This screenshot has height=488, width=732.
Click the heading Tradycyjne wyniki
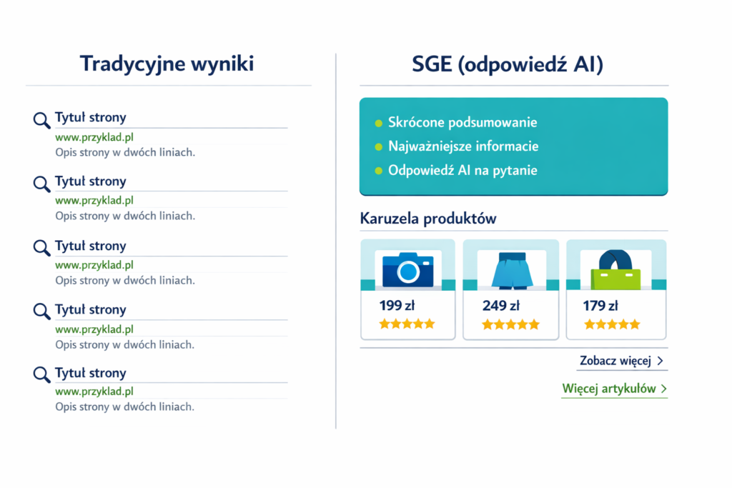coord(167,64)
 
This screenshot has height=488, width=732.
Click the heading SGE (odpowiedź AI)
coord(508,64)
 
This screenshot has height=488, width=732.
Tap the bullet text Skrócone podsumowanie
coord(463,123)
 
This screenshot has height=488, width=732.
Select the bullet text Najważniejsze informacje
coord(463,146)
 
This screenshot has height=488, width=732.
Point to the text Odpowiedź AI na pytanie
coord(463,170)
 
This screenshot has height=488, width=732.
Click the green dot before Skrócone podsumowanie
coord(379,123)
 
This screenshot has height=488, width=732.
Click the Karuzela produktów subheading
coord(428,219)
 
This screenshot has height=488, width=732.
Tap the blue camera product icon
coord(408,269)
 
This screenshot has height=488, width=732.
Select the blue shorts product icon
coord(512,269)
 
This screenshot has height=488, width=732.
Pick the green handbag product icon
coord(615,269)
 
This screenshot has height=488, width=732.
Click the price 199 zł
coord(397,306)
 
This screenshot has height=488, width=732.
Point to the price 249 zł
coord(501,306)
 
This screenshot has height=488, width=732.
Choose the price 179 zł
coord(600,306)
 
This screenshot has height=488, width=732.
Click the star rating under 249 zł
coord(510,324)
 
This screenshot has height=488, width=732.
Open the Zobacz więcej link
coord(621,361)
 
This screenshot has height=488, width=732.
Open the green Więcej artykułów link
coord(614,389)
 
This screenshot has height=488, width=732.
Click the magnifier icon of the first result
coord(41,120)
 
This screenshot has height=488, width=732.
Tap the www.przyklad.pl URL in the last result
coord(94,392)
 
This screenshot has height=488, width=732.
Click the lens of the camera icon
coord(408,272)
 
